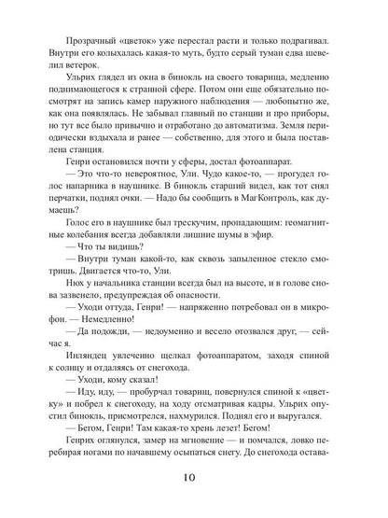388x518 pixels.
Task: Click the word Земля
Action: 290,147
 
